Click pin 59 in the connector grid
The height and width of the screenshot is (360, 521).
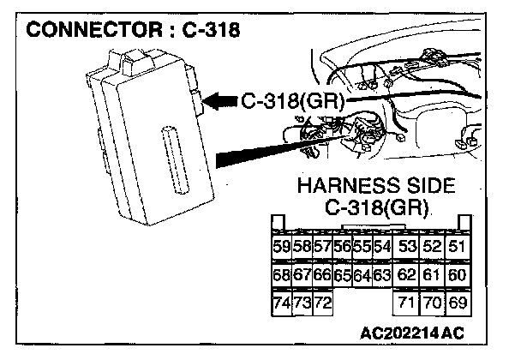point(281,246)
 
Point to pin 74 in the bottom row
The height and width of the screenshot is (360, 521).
point(281,303)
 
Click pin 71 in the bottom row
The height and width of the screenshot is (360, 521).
point(406,303)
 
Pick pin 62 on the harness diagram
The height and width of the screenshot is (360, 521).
point(406,276)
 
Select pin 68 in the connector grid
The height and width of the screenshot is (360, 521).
point(281,276)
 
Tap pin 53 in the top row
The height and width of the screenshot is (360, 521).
point(406,246)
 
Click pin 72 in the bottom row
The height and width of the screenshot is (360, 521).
point(321,303)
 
